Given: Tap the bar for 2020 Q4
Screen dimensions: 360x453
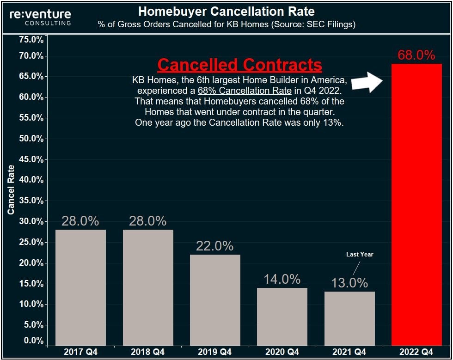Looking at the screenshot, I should [x=282, y=316].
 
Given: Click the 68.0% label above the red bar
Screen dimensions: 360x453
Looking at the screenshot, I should [x=416, y=55].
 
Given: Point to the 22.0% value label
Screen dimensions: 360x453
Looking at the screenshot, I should [x=214, y=246].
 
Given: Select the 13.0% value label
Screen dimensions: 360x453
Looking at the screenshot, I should [x=349, y=282].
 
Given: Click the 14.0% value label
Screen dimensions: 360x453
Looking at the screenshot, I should [x=282, y=279].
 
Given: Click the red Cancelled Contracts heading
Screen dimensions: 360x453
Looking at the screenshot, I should [x=239, y=65].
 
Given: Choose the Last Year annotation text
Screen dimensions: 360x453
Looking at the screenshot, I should [x=359, y=255].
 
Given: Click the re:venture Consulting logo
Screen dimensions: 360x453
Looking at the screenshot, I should [x=41, y=18].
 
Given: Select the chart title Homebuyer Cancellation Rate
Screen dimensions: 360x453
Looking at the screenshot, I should [x=226, y=11].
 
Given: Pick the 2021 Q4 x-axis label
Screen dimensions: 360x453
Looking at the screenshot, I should [x=349, y=352].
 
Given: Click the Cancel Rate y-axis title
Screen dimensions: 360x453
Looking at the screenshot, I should [x=11, y=189].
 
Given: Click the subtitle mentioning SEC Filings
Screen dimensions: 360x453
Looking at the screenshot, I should [x=226, y=24].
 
